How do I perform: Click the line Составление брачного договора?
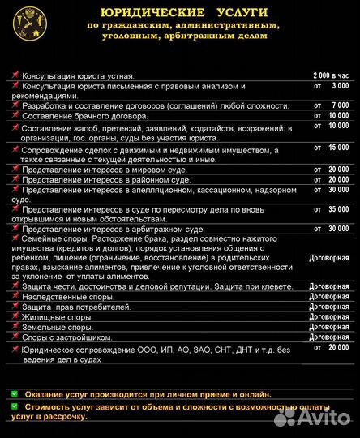(84, 116)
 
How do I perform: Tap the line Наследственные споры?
(68, 298)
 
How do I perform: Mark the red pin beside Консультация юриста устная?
(15, 75)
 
